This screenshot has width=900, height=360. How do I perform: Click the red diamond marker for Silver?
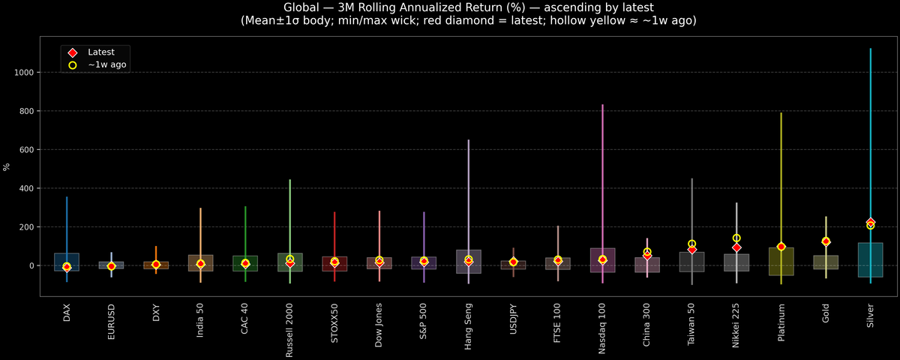pos(870,222)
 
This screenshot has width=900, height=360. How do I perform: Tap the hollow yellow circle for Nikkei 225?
pos(736,238)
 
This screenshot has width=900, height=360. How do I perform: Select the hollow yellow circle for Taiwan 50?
pos(691,244)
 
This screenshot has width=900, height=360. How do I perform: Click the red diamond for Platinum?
pos(781,247)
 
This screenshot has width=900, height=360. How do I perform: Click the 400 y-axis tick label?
pos(28,188)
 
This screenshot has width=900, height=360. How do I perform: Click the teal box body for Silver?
pos(870,260)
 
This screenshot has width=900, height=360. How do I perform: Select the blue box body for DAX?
pos(67,262)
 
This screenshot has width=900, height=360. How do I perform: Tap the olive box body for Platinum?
pos(781,262)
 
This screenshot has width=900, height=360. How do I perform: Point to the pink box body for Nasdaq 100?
pos(602,260)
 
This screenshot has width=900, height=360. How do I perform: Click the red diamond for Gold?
pos(826,241)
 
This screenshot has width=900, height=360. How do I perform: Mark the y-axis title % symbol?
pos(7,166)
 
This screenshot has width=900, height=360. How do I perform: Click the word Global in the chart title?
pos(301,7)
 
